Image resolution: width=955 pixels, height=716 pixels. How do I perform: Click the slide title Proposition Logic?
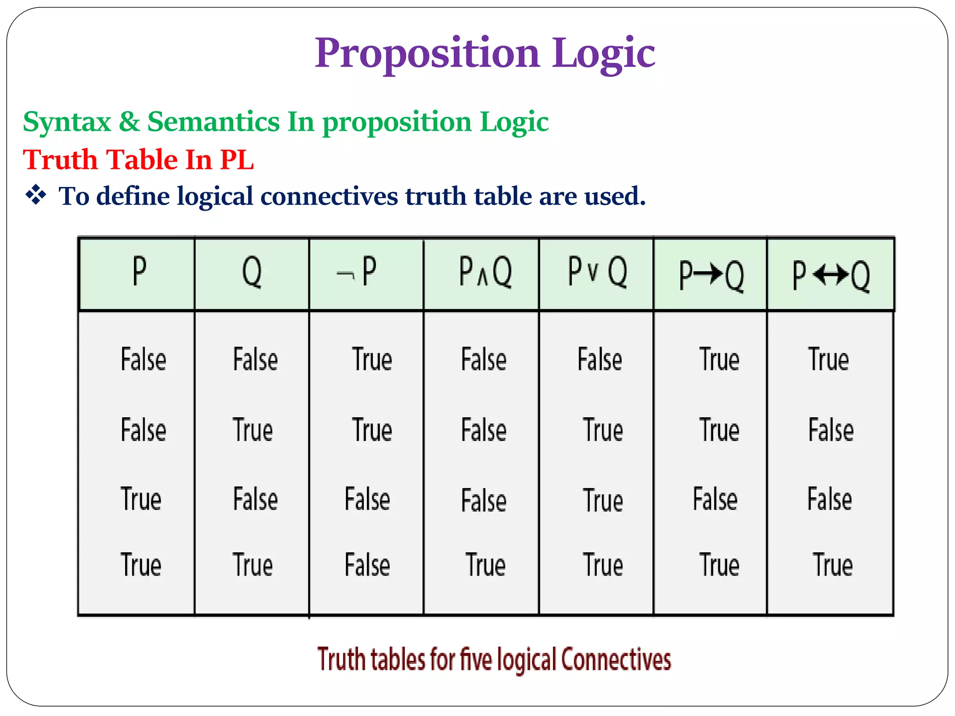tap(484, 53)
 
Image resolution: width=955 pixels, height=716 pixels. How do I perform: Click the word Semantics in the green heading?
tap(213, 122)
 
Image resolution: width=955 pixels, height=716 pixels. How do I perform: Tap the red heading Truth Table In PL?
tap(138, 159)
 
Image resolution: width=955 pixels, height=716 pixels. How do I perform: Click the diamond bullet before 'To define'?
tap(36, 195)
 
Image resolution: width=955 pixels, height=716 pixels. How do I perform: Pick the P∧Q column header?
tap(485, 272)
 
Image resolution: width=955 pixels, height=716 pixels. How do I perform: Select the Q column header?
tap(252, 272)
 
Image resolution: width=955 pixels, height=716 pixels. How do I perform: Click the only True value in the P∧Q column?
tap(485, 565)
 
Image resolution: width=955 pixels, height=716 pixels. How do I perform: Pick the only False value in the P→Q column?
tap(715, 499)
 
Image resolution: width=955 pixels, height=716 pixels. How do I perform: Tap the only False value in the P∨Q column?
tap(600, 359)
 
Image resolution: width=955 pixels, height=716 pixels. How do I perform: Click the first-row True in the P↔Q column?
tap(828, 359)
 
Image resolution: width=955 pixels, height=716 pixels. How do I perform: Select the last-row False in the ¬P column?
tap(367, 565)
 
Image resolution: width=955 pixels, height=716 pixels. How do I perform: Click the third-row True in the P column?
tap(141, 499)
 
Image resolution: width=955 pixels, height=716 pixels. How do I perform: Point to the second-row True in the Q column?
tap(253, 430)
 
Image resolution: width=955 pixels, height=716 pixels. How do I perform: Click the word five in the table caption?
tap(476, 660)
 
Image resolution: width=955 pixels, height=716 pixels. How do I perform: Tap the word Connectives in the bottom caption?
tap(616, 660)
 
